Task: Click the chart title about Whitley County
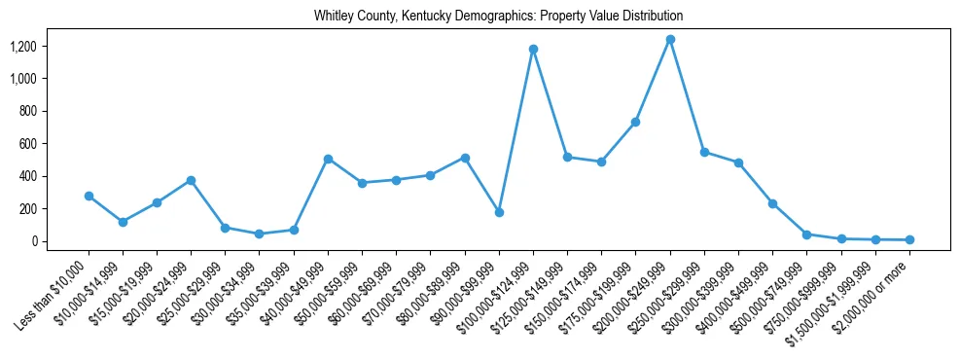[498, 17]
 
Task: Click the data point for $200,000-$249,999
[670, 40]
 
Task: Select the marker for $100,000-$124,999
[533, 49]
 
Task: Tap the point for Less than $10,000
[89, 196]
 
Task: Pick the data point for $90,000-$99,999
[499, 212]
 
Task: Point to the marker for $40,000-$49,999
[328, 159]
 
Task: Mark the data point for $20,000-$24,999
[191, 180]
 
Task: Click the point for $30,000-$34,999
[259, 234]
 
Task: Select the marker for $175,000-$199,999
[635, 122]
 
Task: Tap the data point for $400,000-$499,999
[772, 203]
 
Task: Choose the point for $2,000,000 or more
[909, 239]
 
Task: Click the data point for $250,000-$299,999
[704, 152]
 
